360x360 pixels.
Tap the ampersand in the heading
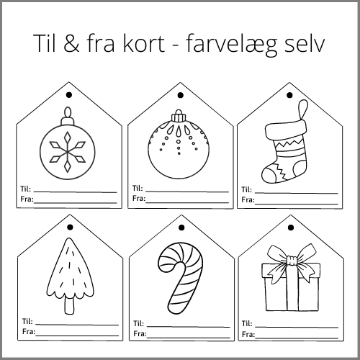[71, 43]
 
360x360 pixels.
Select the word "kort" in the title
[144, 42]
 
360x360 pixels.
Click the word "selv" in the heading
[305, 42]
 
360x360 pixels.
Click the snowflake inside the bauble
[68, 152]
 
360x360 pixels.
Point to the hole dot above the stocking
[289, 95]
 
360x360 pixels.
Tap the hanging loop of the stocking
[303, 109]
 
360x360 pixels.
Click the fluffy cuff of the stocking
[286, 129]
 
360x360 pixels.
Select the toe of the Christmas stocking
[269, 175]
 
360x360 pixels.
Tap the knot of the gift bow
[292, 261]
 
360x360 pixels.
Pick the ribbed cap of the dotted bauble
[179, 117]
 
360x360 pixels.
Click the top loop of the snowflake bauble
[68, 112]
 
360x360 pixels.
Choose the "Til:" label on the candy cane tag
[138, 323]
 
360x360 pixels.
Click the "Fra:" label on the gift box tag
[248, 334]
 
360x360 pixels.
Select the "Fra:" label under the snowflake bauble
[27, 199]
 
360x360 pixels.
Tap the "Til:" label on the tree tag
[27, 321]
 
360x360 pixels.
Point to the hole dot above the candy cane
[181, 228]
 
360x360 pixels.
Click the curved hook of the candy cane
[181, 252]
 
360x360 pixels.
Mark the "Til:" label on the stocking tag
[246, 189]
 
